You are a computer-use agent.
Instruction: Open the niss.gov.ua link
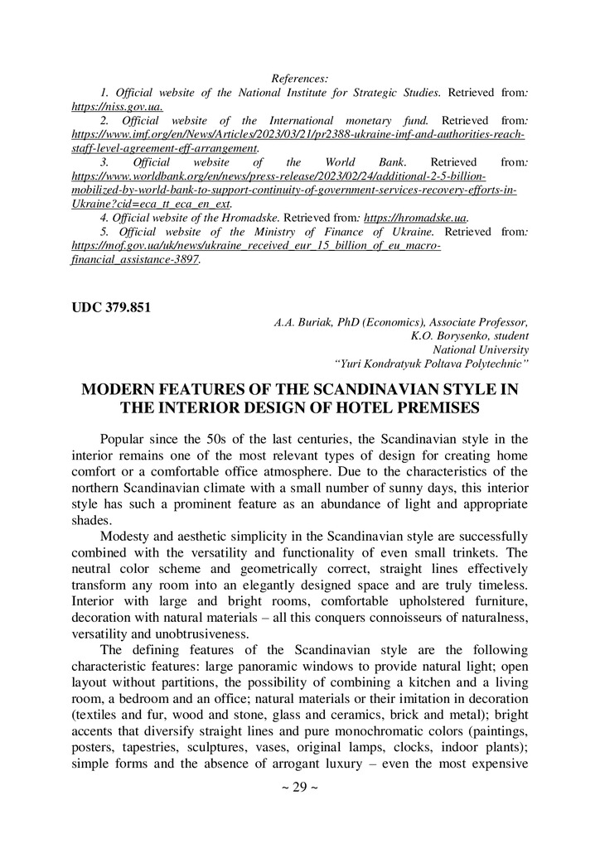(x=117, y=106)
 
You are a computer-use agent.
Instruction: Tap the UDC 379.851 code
(x=111, y=308)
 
